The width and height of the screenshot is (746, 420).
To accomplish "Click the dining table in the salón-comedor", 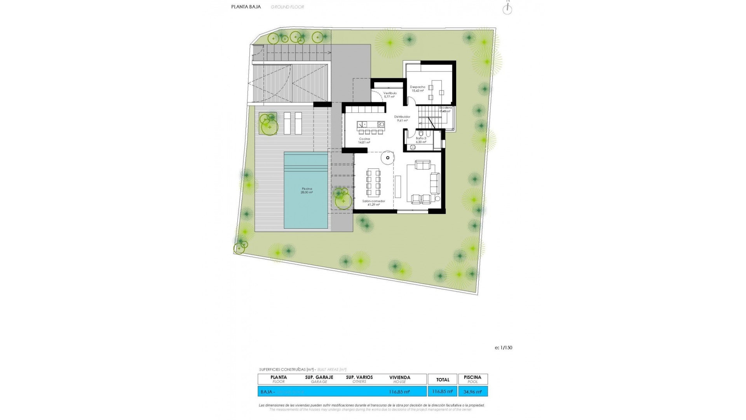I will point(373,183).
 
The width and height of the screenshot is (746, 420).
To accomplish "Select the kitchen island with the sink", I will point(371,124).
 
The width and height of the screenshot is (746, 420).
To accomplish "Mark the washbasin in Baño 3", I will point(413,147).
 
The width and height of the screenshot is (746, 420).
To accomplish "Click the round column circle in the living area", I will point(387,157).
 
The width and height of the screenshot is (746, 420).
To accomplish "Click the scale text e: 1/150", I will point(503,348).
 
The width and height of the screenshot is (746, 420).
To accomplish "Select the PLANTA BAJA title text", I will point(246,7).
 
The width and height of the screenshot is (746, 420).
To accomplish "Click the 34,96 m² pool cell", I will point(472,392).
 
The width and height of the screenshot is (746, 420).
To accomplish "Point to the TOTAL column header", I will point(443,380).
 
